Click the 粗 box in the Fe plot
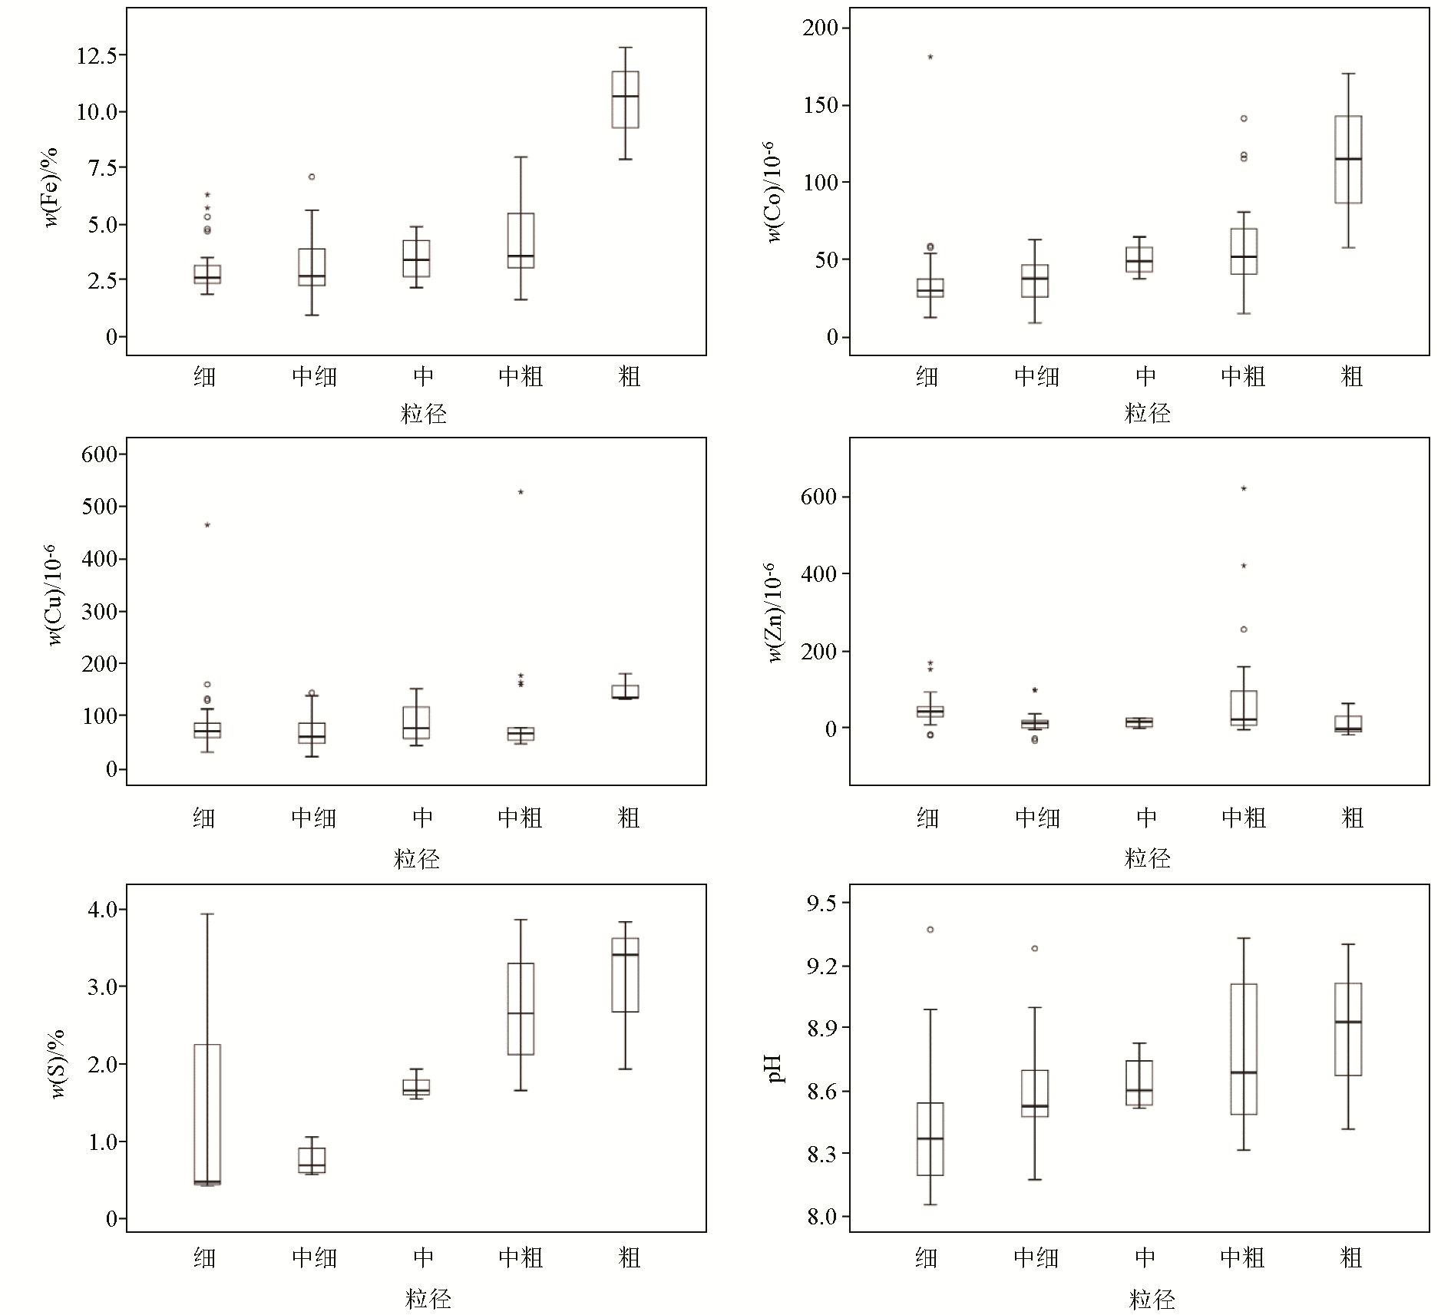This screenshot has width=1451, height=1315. [x=625, y=100]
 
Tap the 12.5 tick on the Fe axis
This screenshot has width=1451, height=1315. [x=97, y=56]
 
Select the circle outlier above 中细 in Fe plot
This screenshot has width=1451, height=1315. [x=312, y=177]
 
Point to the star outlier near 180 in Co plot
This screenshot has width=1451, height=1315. [x=930, y=57]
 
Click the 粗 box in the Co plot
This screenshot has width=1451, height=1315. [x=1348, y=159]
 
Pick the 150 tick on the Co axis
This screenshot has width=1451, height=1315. [x=821, y=105]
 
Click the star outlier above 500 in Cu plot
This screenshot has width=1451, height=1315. [x=521, y=492]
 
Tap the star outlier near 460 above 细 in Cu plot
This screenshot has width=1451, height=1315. [x=207, y=525]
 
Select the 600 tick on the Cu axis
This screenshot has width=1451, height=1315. [x=100, y=454]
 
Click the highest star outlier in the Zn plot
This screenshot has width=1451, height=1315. [x=1244, y=488]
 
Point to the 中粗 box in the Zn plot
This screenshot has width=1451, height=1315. [x=1244, y=708]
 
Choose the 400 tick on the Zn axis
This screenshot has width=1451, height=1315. [x=818, y=574]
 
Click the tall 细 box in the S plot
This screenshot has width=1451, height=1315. [x=207, y=1113]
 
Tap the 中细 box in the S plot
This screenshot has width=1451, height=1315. [x=312, y=1160]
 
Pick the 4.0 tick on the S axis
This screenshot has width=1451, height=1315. [x=102, y=910]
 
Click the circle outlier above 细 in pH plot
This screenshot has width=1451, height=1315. [x=930, y=930]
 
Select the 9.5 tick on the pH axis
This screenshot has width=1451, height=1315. [x=821, y=904]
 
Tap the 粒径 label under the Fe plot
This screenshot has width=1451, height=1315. [x=424, y=415]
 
